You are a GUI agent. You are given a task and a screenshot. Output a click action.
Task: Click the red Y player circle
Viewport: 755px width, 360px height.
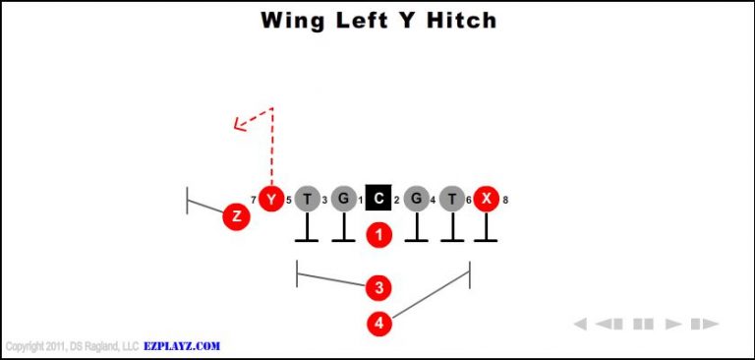click(270, 200)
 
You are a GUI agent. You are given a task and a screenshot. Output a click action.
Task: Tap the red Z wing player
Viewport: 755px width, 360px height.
click(235, 216)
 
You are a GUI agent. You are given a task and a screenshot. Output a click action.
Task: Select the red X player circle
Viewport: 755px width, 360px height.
click(486, 200)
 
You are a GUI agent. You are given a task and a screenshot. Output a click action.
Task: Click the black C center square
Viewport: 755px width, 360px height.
click(378, 200)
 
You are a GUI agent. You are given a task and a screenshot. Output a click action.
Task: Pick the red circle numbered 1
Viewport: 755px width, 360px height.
click(378, 235)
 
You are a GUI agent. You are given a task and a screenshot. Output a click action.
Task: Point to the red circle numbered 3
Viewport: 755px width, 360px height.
click(378, 288)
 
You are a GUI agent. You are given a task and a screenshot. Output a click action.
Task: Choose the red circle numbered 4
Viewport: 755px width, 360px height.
click(378, 323)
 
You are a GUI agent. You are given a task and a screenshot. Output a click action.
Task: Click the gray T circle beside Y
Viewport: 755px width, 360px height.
click(307, 200)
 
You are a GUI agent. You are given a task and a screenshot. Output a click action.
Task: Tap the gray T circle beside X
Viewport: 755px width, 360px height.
click(451, 200)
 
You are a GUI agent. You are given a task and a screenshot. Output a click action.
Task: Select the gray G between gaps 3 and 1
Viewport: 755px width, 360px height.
click(342, 200)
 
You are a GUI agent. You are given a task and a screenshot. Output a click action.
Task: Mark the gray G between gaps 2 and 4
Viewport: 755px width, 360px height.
click(416, 200)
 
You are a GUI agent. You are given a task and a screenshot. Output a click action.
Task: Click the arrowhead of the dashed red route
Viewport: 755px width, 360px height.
click(238, 124)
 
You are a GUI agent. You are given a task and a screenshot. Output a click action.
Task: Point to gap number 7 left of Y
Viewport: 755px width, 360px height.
click(254, 201)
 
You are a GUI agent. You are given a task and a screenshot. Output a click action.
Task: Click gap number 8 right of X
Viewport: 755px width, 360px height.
click(505, 201)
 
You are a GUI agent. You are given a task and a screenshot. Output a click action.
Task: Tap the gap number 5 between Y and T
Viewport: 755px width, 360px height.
click(289, 201)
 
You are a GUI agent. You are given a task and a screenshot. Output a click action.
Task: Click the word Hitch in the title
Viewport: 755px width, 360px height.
click(459, 20)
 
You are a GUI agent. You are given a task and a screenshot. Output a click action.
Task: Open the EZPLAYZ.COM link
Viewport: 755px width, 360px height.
click(182, 346)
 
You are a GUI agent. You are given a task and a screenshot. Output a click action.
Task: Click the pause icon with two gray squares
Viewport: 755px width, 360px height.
click(643, 324)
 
